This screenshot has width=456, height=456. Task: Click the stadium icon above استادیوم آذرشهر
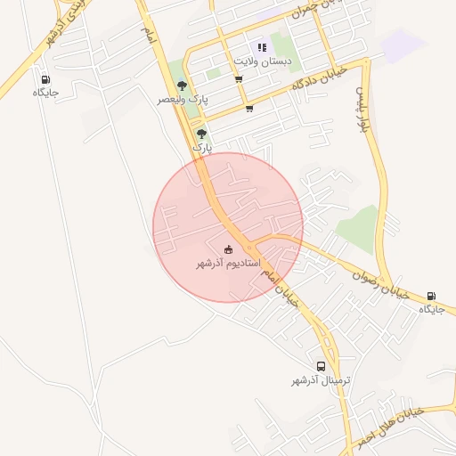[x=229, y=249]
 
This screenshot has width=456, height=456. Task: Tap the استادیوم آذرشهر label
[x=228, y=264]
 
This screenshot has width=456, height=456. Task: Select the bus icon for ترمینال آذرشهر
[x=321, y=366]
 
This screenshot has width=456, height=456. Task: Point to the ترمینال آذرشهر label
[x=321, y=380]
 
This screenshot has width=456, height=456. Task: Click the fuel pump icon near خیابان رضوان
[x=432, y=296]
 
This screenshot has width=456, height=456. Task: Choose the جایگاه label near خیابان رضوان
[x=432, y=309]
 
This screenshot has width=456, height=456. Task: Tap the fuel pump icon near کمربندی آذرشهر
[x=45, y=78]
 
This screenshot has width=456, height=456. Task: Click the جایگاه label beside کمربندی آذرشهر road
[x=45, y=92]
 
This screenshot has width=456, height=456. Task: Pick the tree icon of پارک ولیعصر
[x=182, y=85]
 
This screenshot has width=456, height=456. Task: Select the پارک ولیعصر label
[x=182, y=100]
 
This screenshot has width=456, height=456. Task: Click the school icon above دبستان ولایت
[x=261, y=47]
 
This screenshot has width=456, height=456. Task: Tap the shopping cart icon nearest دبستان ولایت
[x=239, y=79]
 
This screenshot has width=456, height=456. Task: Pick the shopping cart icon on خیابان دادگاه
[x=248, y=109]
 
